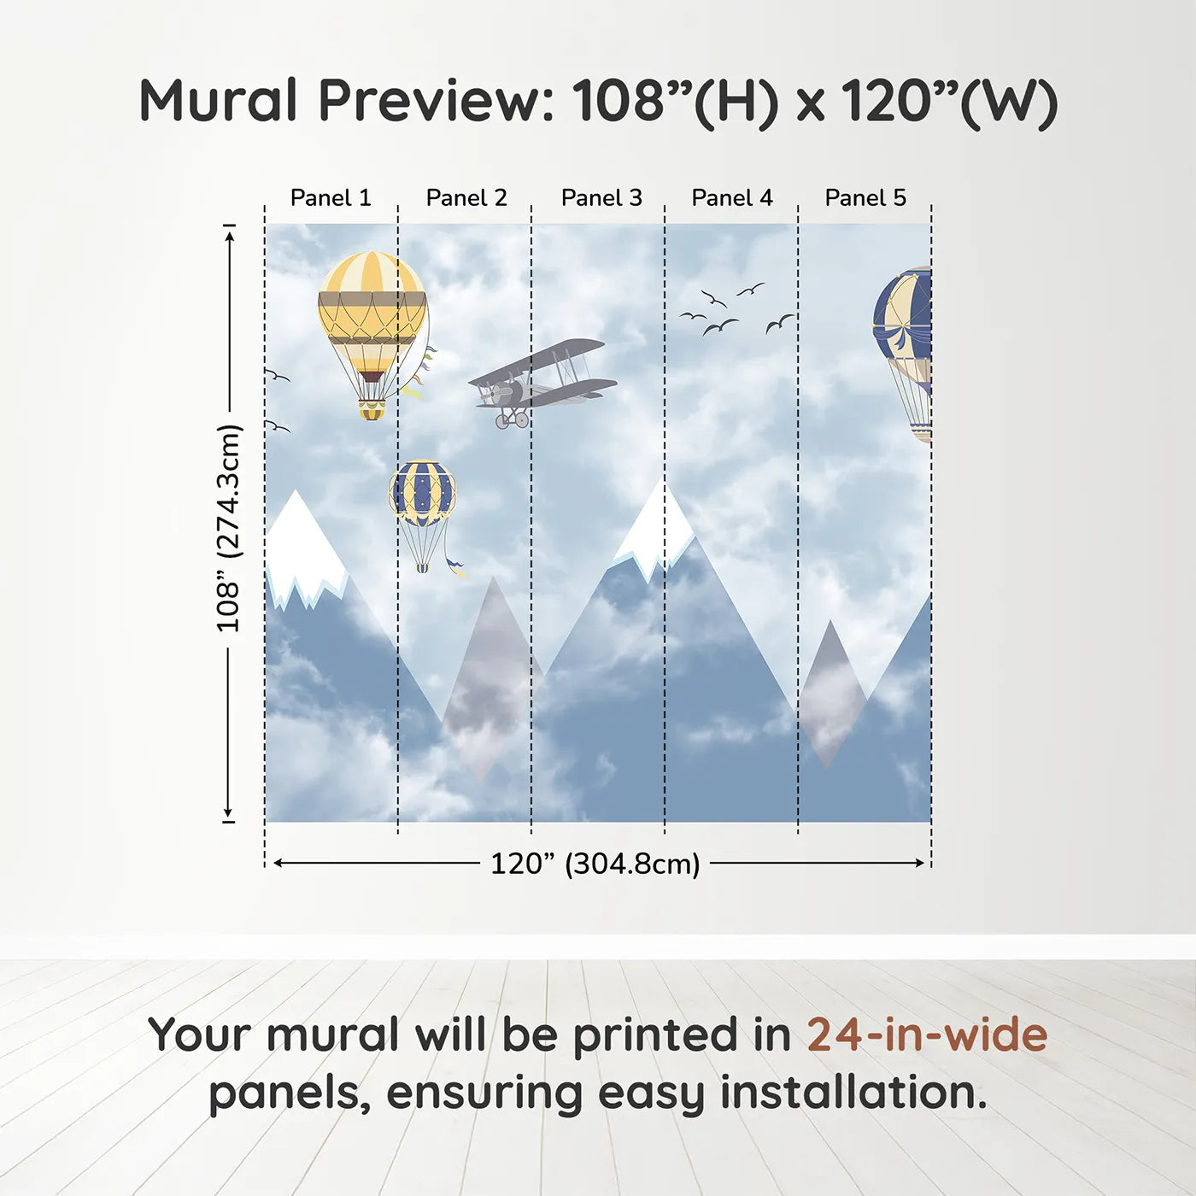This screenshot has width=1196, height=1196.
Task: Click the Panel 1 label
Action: [331, 198]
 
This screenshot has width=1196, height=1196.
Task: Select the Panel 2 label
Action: [466, 198]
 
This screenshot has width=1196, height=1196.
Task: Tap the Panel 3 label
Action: [601, 198]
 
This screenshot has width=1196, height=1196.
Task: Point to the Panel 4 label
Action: [732, 198]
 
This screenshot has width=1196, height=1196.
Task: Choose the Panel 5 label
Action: [865, 198]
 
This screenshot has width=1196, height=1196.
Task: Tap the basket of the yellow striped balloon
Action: [371, 410]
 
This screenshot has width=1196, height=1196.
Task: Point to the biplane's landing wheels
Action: [512, 420]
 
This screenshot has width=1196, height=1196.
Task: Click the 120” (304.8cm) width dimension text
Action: [595, 864]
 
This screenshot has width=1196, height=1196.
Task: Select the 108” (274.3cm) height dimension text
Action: [227, 529]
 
